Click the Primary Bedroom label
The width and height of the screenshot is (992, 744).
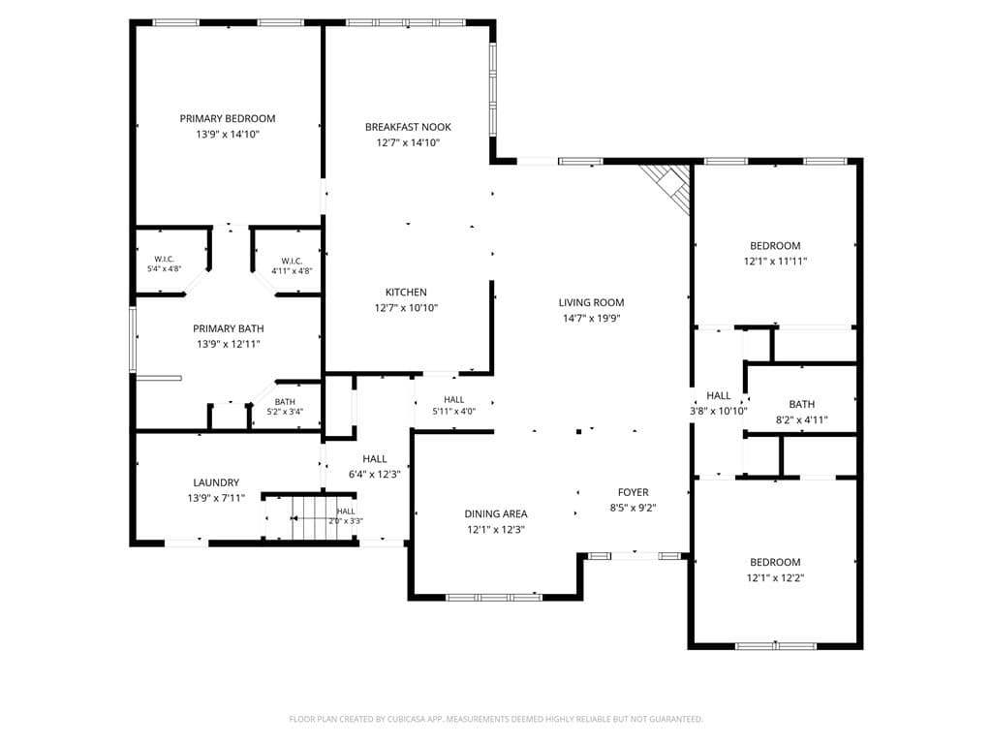pyautogui.click(x=227, y=118)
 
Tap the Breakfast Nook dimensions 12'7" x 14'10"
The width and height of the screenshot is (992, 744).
pyautogui.click(x=408, y=143)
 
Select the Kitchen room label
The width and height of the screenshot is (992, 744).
pyautogui.click(x=406, y=293)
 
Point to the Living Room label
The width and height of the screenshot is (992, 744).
pyautogui.click(x=592, y=303)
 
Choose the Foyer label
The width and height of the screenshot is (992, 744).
pyautogui.click(x=634, y=492)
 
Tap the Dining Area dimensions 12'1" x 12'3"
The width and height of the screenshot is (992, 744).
pyautogui.click(x=496, y=530)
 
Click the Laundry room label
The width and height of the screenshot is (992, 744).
pyautogui.click(x=216, y=482)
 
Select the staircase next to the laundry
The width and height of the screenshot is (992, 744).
pyautogui.click(x=309, y=517)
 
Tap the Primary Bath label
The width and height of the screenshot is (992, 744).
pyautogui.click(x=229, y=329)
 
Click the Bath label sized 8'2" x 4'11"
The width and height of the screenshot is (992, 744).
pyautogui.click(x=801, y=404)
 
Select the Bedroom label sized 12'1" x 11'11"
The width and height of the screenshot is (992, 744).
pyautogui.click(x=775, y=246)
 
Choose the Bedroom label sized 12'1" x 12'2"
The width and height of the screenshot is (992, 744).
pyautogui.click(x=775, y=563)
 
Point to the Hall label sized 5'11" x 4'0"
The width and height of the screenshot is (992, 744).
pyautogui.click(x=454, y=400)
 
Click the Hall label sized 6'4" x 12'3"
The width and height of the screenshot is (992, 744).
pyautogui.click(x=375, y=459)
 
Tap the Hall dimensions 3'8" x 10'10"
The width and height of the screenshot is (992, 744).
pyautogui.click(x=719, y=411)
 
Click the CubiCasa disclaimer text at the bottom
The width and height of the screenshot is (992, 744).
pyautogui.click(x=496, y=720)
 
